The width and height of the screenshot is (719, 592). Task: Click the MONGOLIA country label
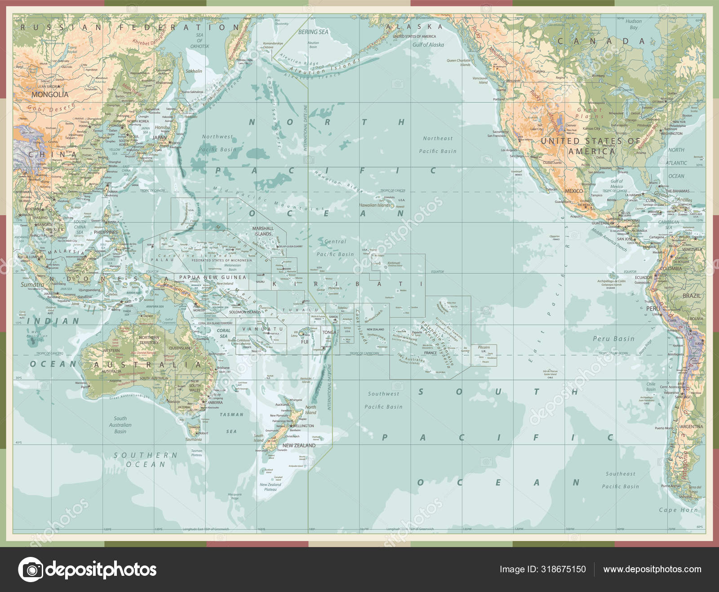tap(50, 94)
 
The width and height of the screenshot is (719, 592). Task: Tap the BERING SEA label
tap(313, 32)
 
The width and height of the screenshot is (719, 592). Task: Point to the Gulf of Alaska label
tap(428, 45)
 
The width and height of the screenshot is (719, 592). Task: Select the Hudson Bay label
tap(634, 24)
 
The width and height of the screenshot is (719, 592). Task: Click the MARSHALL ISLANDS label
tap(263, 231)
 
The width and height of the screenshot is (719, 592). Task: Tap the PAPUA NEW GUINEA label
tap(213, 277)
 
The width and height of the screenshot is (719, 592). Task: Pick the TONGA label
tap(329, 333)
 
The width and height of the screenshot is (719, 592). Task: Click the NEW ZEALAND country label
tap(299, 445)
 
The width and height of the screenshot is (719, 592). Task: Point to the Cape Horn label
tap(678, 510)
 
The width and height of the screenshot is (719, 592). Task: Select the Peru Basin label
tap(613, 338)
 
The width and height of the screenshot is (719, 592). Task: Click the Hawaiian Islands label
tap(374, 205)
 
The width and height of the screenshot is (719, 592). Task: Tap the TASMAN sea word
tap(231, 414)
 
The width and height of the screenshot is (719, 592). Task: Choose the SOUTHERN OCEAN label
tap(146, 459)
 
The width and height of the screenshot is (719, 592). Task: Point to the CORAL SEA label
tap(223, 333)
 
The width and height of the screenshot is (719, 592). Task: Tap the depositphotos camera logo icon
tap(31, 570)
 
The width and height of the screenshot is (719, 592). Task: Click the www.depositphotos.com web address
tap(652, 569)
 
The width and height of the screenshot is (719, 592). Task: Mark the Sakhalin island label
tap(194, 71)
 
